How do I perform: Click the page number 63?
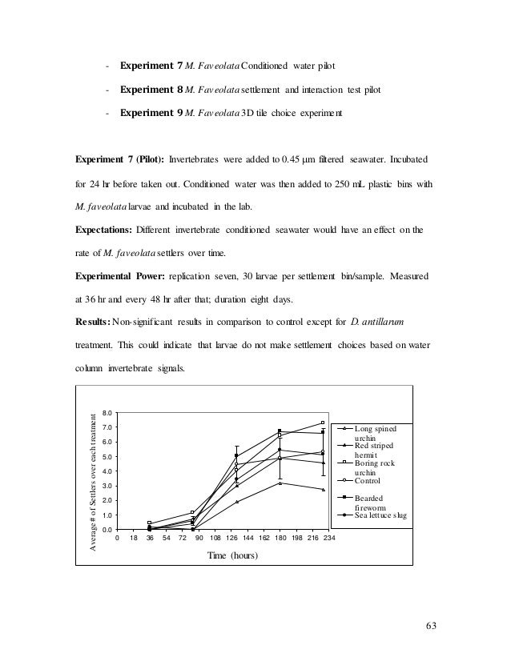click(x=433, y=626)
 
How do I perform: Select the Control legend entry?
click(x=368, y=481)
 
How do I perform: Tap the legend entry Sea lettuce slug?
click(x=381, y=516)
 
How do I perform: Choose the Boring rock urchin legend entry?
click(x=380, y=467)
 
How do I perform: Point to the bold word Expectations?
click(x=104, y=230)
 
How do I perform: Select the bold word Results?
click(x=94, y=322)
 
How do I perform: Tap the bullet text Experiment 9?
click(x=152, y=113)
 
